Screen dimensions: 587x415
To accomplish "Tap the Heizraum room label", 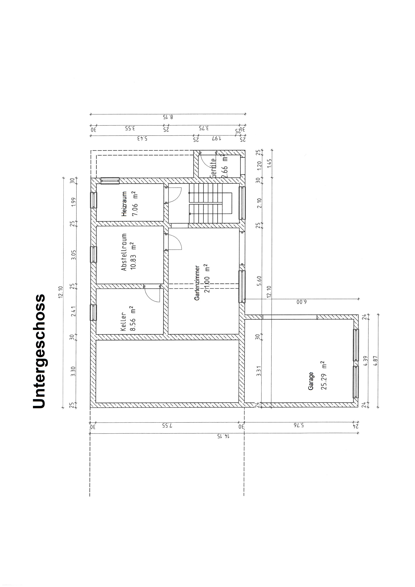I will pyautogui.click(x=124, y=204).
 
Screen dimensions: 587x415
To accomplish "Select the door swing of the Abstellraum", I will pyautogui.click(x=175, y=242).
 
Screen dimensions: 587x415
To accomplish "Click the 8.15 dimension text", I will pyautogui.click(x=168, y=117).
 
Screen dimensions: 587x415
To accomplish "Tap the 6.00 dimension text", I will pyautogui.click(x=302, y=302).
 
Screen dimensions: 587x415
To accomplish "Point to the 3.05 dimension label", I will pyautogui.click(x=73, y=255).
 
